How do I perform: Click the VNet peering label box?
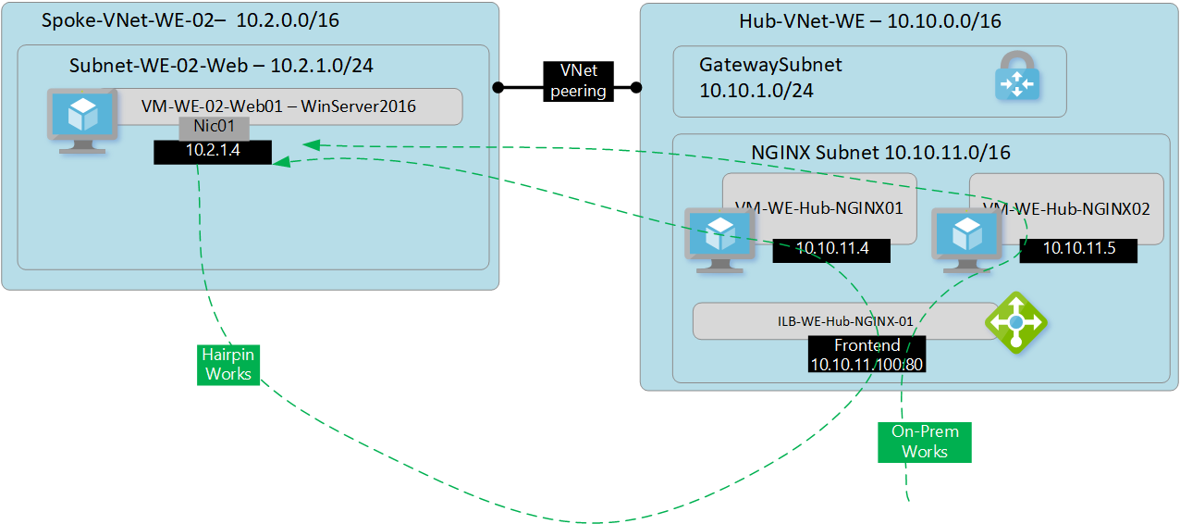pyautogui.click(x=578, y=81)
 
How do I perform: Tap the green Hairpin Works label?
pyautogui.click(x=228, y=364)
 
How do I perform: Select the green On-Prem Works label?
pyautogui.click(x=925, y=442)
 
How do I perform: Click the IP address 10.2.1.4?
pyautogui.click(x=213, y=151)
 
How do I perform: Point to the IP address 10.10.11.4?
pyautogui.click(x=831, y=249)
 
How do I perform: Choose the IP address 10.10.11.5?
pyautogui.click(x=1077, y=249)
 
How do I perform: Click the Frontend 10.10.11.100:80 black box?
pyautogui.click(x=867, y=355)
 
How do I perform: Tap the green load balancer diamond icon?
pyautogui.click(x=1015, y=321)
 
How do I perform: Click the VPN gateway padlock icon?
pyautogui.click(x=1017, y=76)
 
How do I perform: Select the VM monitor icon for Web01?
pyautogui.click(x=82, y=119)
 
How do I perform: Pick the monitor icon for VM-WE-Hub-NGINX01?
pyautogui.click(x=716, y=239)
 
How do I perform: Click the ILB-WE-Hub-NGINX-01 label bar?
pyautogui.click(x=838, y=321)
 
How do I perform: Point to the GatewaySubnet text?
pyautogui.click(x=770, y=66)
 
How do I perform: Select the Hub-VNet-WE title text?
pyautogui.click(x=869, y=20)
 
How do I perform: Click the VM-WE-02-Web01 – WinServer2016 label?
pyautogui.click(x=277, y=106)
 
